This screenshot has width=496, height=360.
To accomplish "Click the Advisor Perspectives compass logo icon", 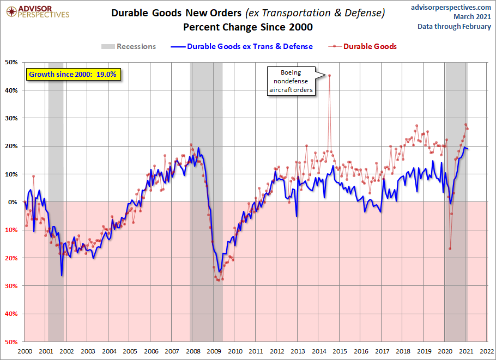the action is click(x=11, y=11).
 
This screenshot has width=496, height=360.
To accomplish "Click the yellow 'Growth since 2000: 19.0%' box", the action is click(x=73, y=75).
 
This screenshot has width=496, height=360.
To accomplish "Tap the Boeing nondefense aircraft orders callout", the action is click(x=291, y=81).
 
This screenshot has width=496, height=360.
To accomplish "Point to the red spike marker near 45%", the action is click(x=329, y=75).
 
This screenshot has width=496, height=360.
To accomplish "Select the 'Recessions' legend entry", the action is click(x=129, y=46).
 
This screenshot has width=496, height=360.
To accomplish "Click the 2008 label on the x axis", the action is click(x=193, y=351).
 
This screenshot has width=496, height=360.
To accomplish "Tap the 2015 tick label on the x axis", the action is click(x=340, y=351).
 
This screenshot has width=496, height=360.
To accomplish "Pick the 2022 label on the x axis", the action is click(x=487, y=351).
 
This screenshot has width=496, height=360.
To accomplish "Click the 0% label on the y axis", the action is click(x=13, y=202).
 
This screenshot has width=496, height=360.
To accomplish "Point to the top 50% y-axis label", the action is click(x=11, y=62).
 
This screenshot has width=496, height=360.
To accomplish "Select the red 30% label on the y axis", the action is click(x=11, y=286).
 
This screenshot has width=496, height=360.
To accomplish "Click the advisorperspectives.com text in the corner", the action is click(x=451, y=7).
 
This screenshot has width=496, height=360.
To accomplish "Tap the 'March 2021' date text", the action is click(x=472, y=17).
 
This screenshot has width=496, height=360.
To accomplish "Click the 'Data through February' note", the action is click(x=454, y=27).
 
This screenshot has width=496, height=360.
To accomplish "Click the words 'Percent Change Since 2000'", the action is click(x=248, y=27).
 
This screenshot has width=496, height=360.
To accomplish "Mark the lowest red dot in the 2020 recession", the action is click(x=450, y=248).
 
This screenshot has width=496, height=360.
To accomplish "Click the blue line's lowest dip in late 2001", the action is click(x=62, y=276).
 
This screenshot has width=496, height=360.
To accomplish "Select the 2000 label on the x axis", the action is click(x=25, y=351).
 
